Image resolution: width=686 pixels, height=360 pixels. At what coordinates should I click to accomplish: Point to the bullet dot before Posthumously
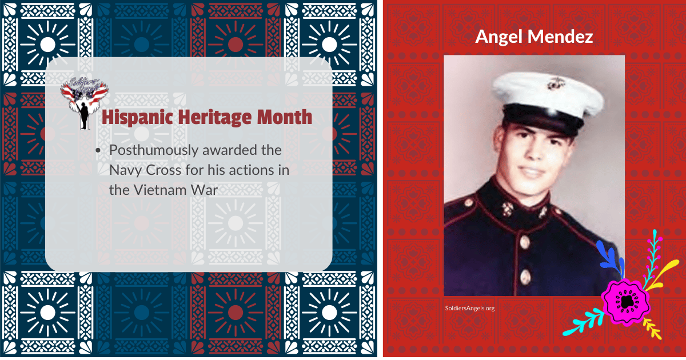tap(98, 150)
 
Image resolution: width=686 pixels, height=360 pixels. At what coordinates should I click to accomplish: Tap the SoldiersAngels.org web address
tap(469, 308)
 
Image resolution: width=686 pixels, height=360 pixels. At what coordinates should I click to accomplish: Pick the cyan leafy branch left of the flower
tap(583, 322)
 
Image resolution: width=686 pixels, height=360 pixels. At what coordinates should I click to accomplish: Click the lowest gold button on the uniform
tap(524, 278)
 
